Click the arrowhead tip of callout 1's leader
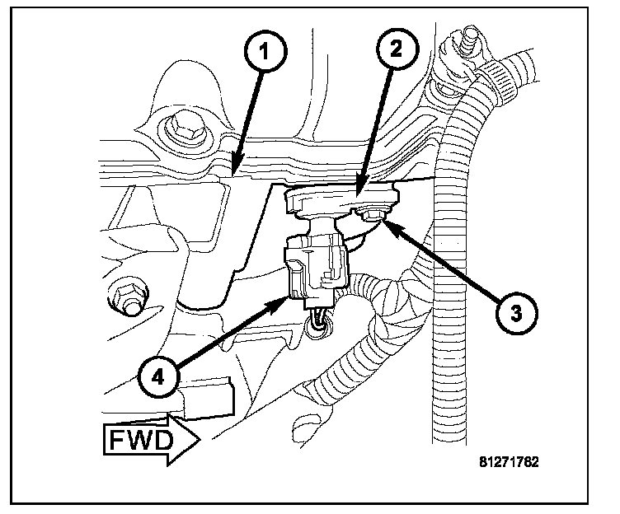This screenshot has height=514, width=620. (x=233, y=175)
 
